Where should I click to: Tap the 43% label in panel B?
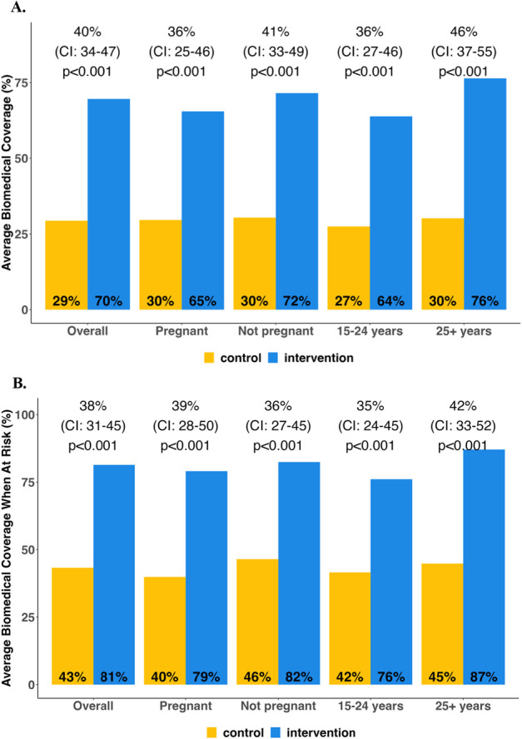pyautogui.click(x=67, y=677)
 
